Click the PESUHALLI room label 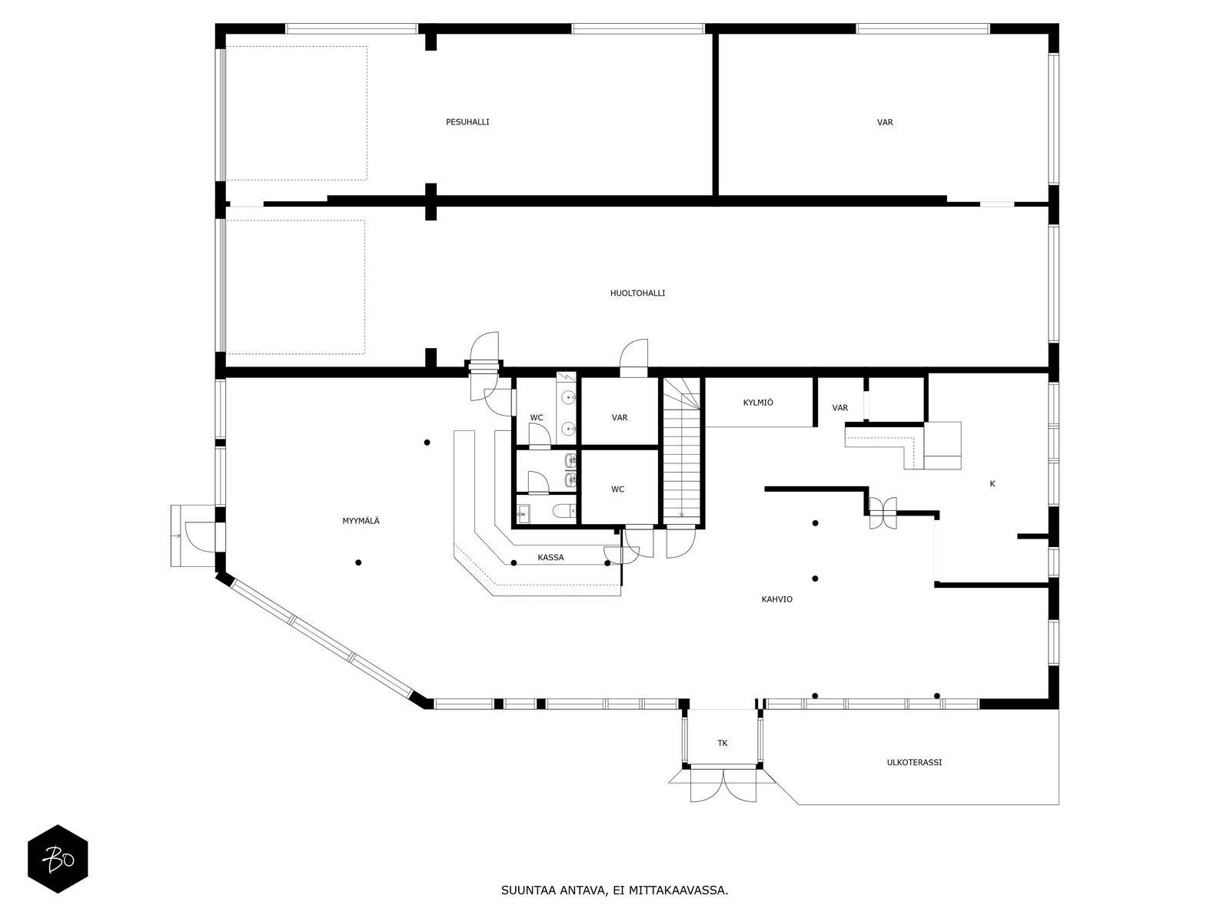point(467,122)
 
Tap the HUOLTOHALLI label point(638,294)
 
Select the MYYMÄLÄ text point(361,521)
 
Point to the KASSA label point(550,558)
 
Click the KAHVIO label point(776,599)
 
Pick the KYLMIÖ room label point(758,403)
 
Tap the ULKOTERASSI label point(914,762)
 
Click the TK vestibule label point(723,744)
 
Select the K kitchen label point(992,484)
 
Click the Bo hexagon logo point(58,859)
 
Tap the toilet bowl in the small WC point(563,510)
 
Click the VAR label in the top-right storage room point(885,122)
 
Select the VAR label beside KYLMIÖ point(840,408)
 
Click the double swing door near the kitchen point(883,512)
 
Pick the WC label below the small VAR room point(617,489)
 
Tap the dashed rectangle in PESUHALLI point(297,113)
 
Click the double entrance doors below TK point(723,785)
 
